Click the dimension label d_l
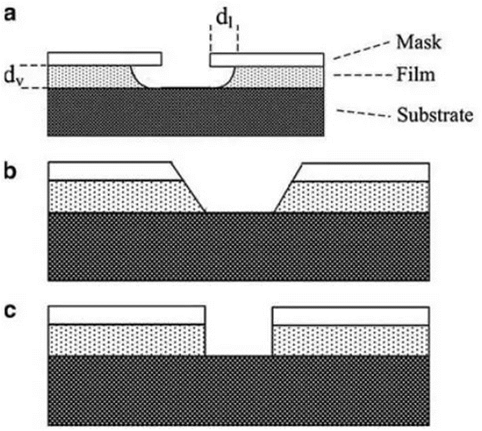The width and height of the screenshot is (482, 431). (223, 18)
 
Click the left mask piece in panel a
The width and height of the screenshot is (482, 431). (105, 59)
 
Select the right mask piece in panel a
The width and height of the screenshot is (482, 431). (267, 59)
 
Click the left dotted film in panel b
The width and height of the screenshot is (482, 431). (119, 196)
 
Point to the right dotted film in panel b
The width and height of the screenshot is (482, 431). (357, 196)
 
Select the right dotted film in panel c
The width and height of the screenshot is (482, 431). (351, 340)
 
